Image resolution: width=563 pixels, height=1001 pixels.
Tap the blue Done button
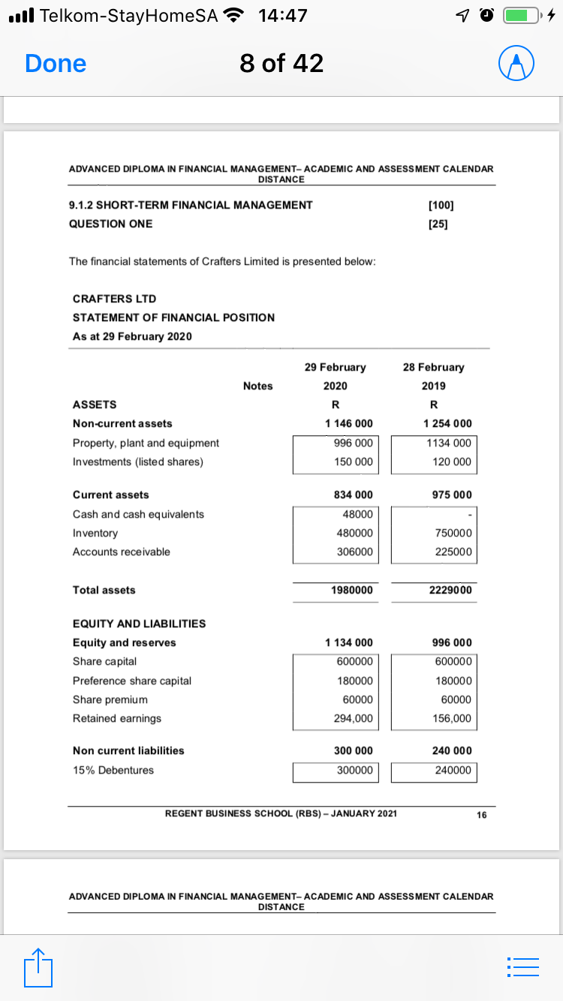(56, 64)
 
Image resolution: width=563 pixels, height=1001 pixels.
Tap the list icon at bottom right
(522, 966)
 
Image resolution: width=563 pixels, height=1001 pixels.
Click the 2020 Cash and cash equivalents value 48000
(353, 514)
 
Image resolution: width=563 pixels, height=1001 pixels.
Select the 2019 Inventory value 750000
(453, 533)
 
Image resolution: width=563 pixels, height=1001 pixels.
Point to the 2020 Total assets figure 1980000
(352, 591)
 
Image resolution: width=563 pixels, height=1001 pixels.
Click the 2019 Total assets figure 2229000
(450, 591)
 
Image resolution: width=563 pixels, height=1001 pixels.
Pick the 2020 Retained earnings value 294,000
(353, 718)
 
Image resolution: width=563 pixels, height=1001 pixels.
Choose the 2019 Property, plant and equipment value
(449, 443)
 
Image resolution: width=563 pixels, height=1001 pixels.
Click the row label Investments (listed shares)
(137, 461)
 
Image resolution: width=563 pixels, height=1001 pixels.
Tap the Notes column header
(257, 386)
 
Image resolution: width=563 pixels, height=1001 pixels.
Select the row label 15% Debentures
(113, 770)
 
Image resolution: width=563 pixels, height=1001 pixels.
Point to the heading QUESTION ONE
(110, 224)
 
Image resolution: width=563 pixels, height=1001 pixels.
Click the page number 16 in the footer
(481, 816)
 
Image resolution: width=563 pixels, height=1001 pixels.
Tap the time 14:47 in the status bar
(282, 15)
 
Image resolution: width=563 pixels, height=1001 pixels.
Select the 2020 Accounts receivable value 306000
(353, 552)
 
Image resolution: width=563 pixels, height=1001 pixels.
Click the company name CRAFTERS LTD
(114, 299)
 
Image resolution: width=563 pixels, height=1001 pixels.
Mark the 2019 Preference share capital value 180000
(453, 681)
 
